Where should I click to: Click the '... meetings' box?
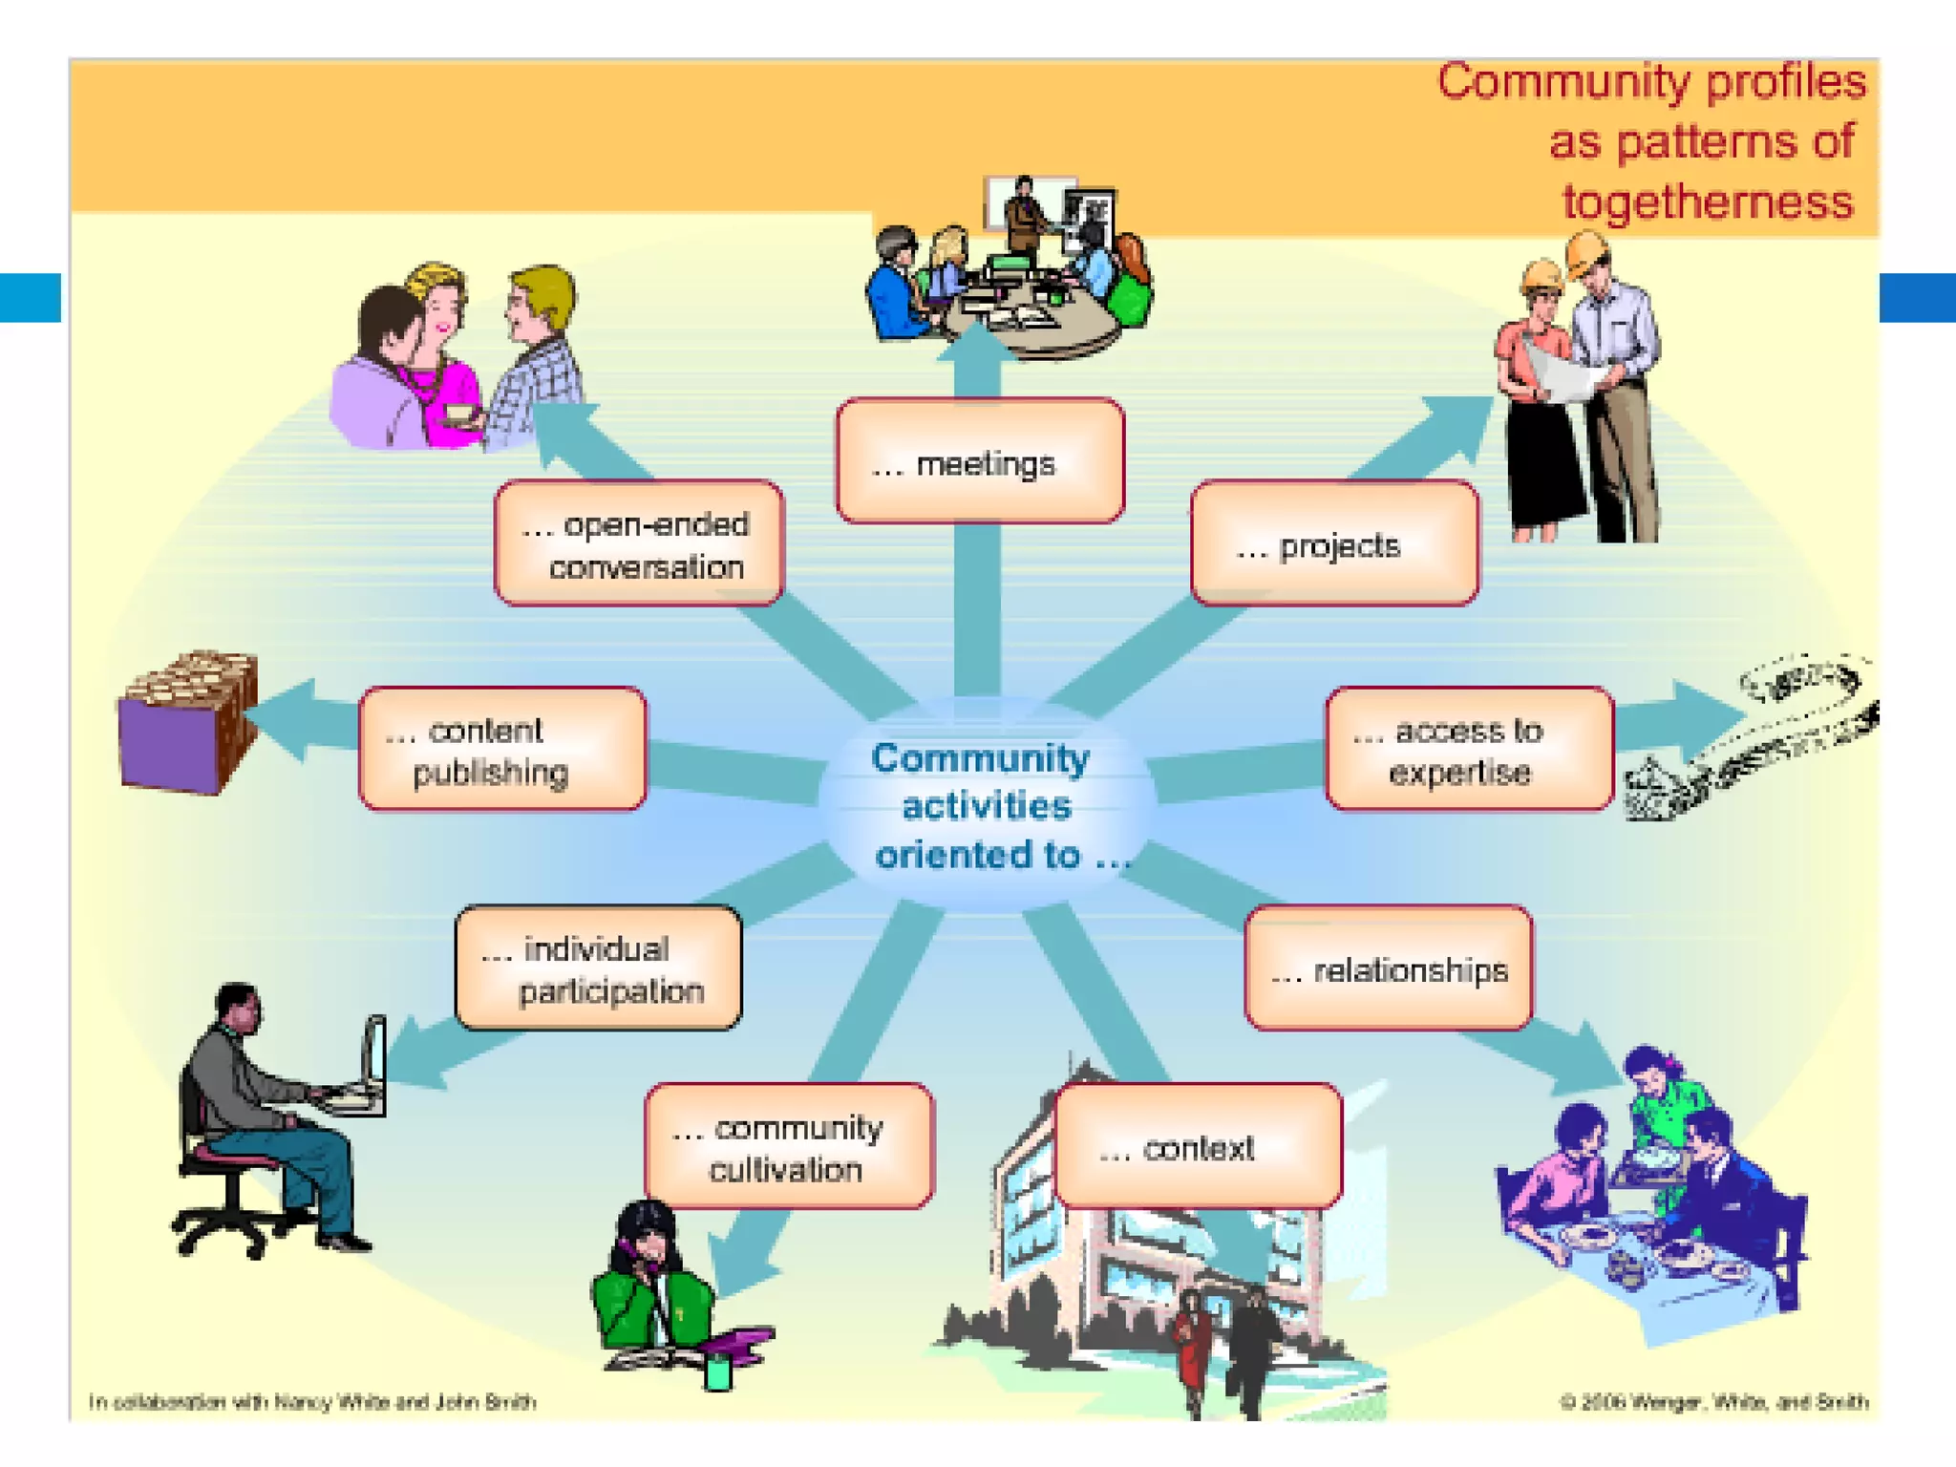(x=980, y=461)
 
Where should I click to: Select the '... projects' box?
(x=1334, y=543)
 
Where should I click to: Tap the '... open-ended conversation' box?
(x=639, y=543)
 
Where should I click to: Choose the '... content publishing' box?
(x=502, y=749)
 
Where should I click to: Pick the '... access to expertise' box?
(x=1469, y=749)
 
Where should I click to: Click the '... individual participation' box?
(x=598, y=967)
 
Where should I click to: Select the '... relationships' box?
(x=1389, y=967)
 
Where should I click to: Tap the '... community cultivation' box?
(x=789, y=1146)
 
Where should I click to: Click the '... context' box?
(x=1198, y=1146)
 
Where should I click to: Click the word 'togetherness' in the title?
(x=1708, y=202)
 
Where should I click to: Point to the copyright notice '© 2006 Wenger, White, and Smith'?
(x=1713, y=1402)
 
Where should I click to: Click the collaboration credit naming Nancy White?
(x=312, y=1402)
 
